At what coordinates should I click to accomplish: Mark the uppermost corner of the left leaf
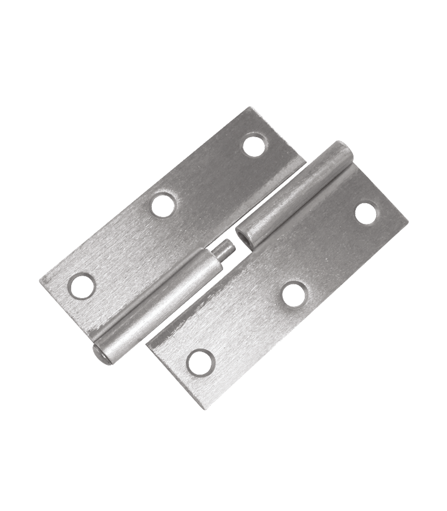pyautogui.click(x=251, y=108)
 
